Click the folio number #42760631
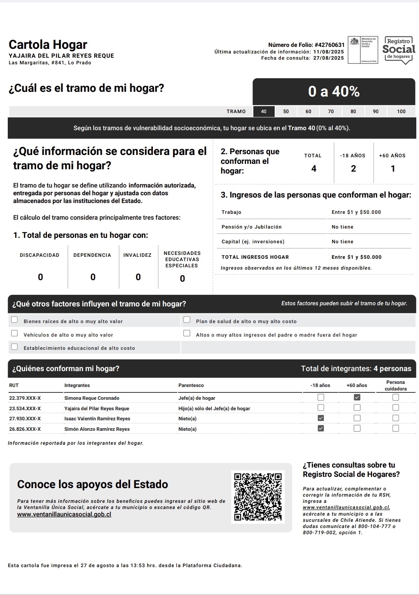point(329,45)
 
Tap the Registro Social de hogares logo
point(398,50)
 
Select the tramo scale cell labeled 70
point(331,112)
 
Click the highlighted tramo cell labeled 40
point(264,112)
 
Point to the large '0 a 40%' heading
point(334,91)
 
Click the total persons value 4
point(314,169)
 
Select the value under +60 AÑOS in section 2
point(393,169)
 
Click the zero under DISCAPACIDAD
point(40,277)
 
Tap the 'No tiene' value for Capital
point(343,242)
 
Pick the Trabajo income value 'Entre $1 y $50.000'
point(356,212)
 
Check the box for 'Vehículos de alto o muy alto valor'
point(14,333)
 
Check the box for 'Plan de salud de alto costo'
point(187,320)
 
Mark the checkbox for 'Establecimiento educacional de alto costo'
point(14,347)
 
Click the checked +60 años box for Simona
point(357,397)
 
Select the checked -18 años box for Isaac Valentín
point(321,418)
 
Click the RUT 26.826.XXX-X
point(25,429)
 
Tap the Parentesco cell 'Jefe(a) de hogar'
point(197,398)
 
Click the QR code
point(258,497)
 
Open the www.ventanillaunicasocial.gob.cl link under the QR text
point(64,514)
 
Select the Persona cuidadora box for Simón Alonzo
point(395,428)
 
